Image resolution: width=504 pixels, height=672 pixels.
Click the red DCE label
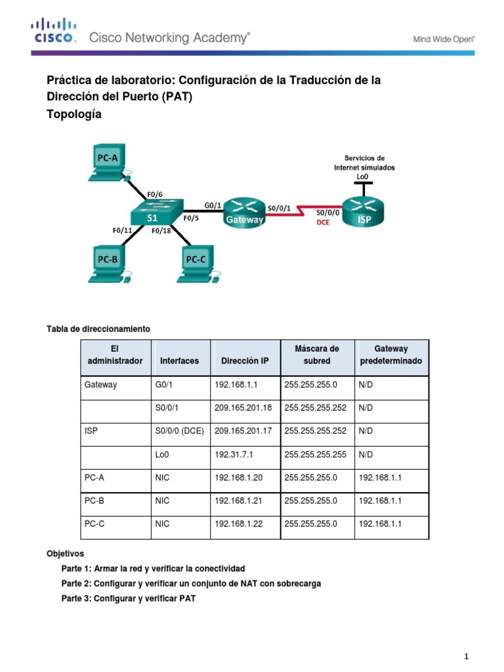click(324, 222)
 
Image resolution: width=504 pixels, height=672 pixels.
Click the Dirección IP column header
click(245, 361)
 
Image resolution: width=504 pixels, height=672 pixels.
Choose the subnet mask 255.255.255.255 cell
click(315, 454)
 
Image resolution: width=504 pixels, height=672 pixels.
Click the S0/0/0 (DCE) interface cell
click(180, 431)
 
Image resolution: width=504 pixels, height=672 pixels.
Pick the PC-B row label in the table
click(95, 501)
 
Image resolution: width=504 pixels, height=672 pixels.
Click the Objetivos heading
click(65, 554)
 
